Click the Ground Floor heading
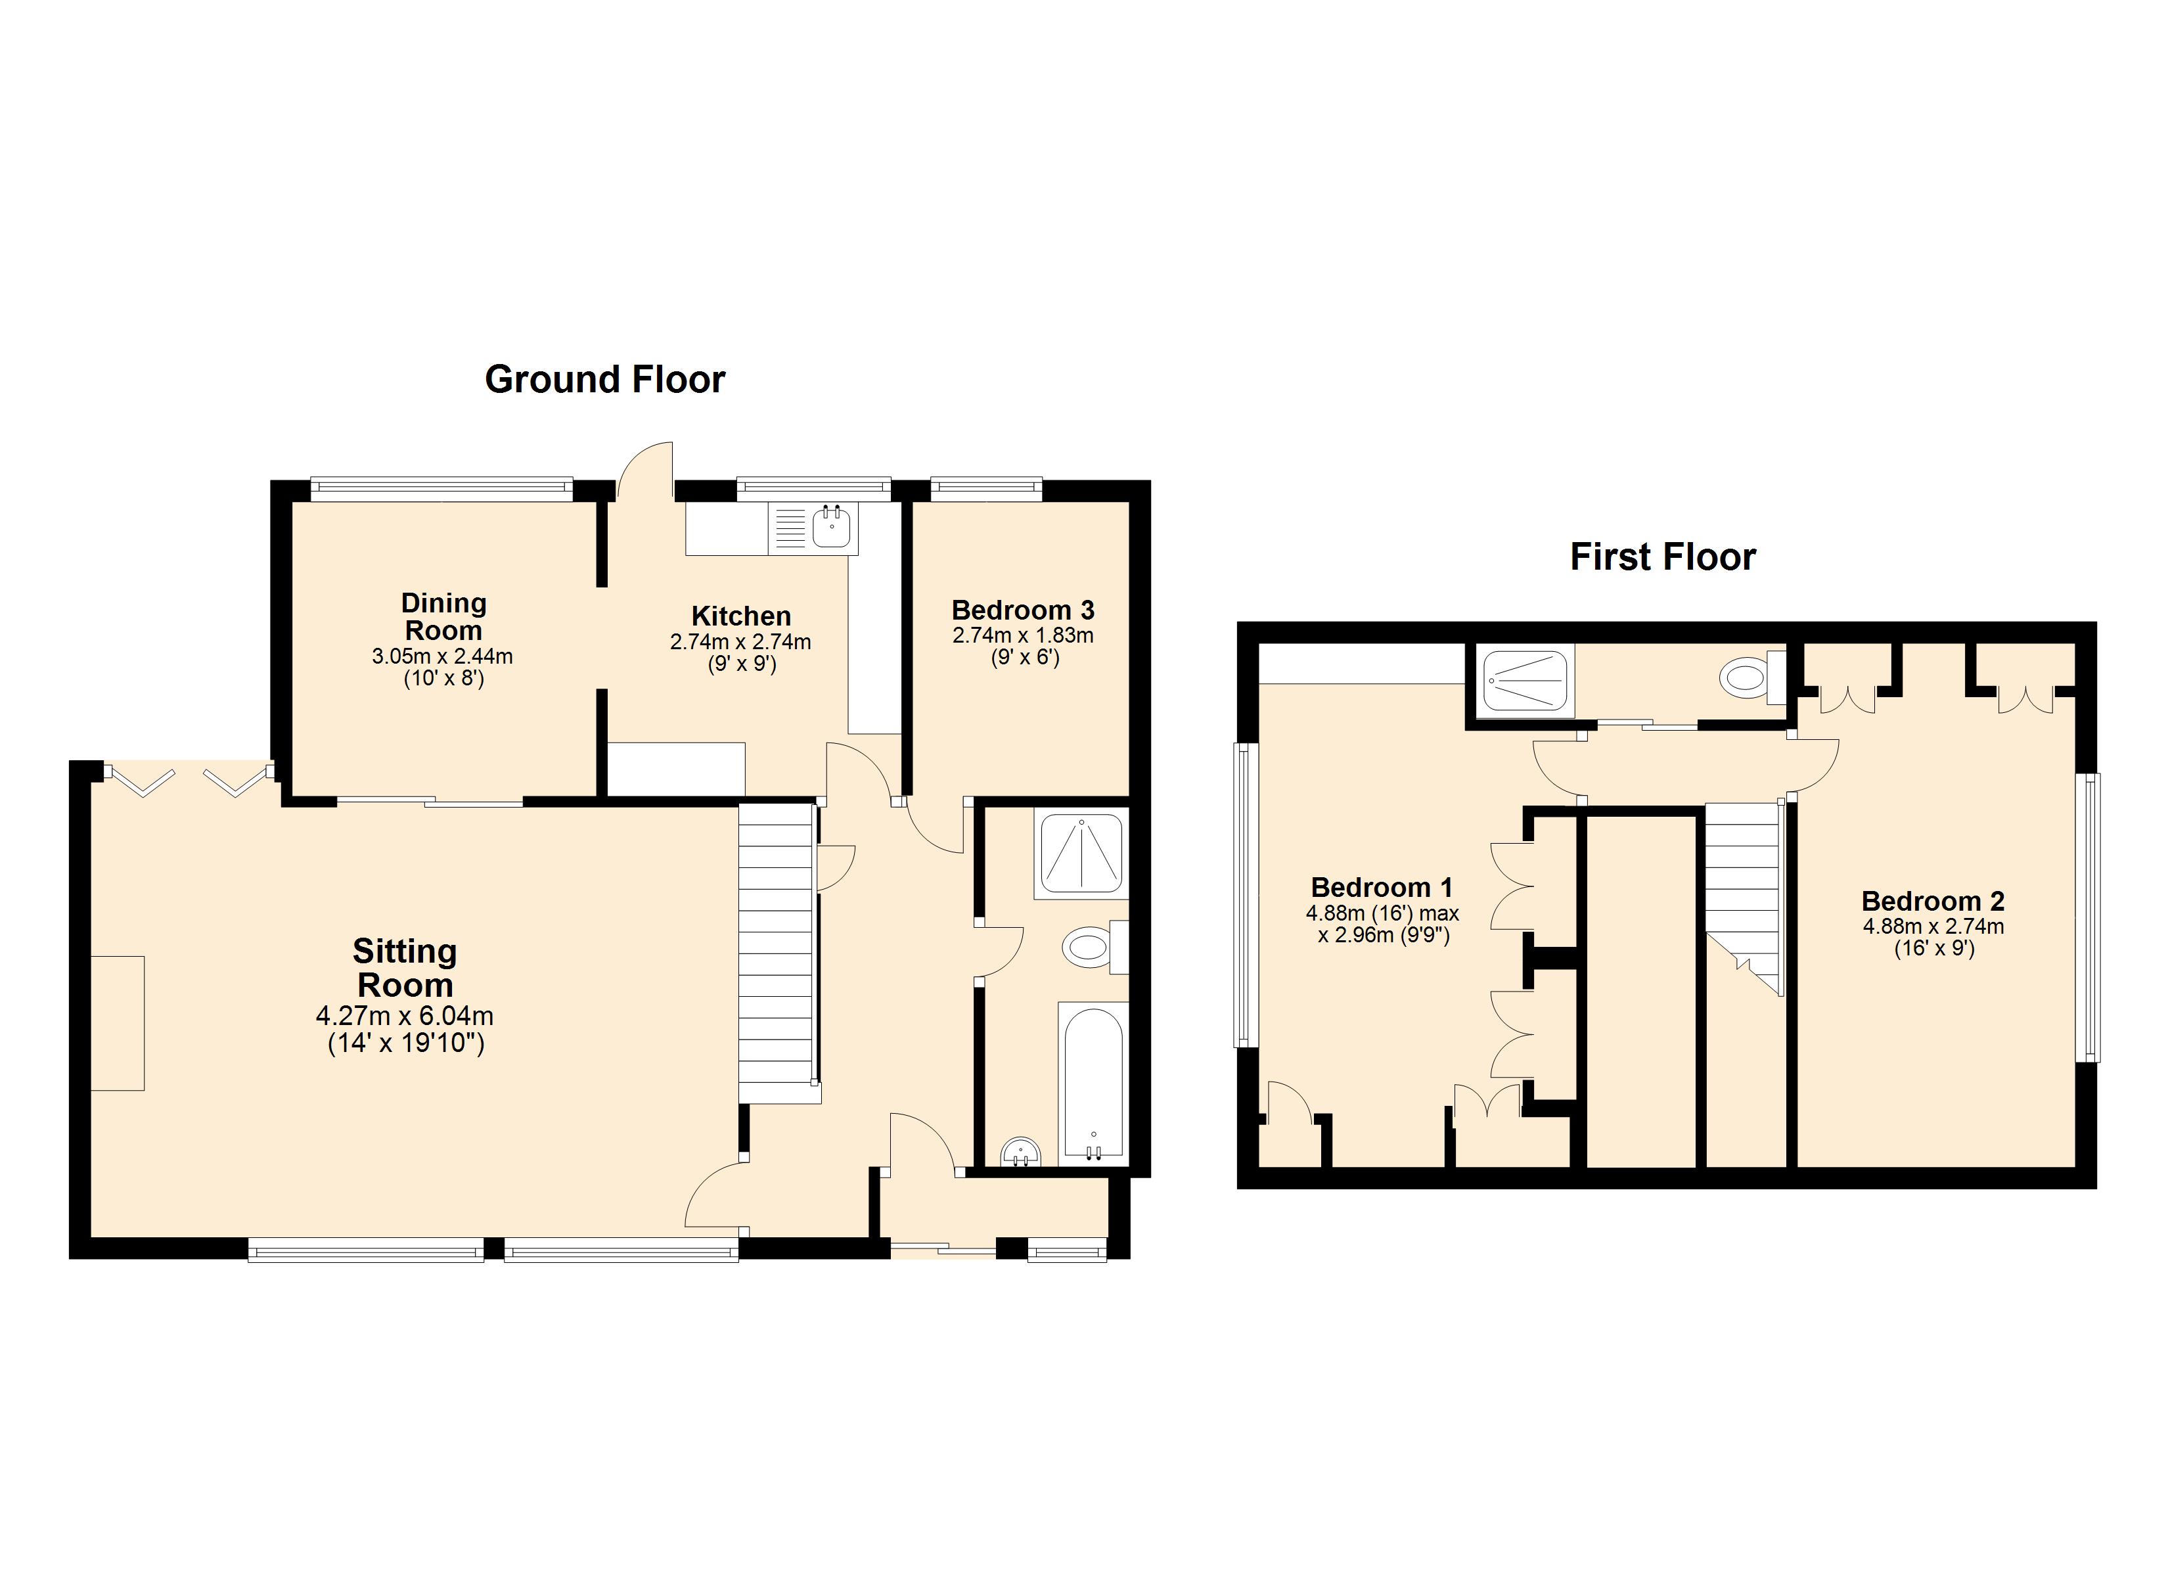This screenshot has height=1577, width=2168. pyautogui.click(x=604, y=380)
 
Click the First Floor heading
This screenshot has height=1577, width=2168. pyautogui.click(x=1662, y=557)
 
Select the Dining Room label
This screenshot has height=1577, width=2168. pyautogui.click(x=443, y=617)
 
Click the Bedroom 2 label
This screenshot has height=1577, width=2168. pyautogui.click(x=1932, y=901)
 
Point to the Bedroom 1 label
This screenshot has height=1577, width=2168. pyautogui.click(x=1382, y=888)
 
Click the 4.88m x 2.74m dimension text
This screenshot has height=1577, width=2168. pyautogui.click(x=1932, y=926)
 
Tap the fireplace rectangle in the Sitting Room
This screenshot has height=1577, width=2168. pyautogui.click(x=118, y=1022)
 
